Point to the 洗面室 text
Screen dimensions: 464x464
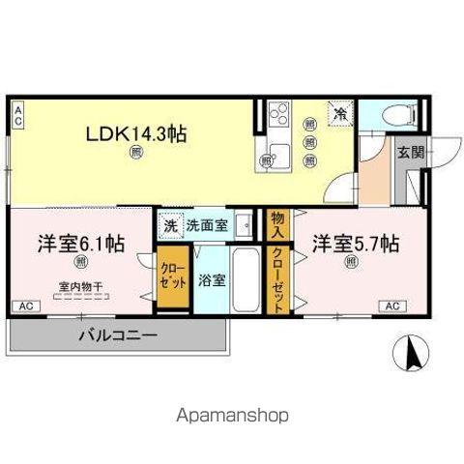pyautogui.click(x=207, y=224)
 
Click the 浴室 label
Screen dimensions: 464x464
pyautogui.click(x=212, y=281)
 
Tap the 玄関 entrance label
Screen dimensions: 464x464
pyautogui.click(x=410, y=151)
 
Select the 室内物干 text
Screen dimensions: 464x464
pyautogui.click(x=81, y=285)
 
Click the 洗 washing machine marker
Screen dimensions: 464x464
pyautogui.click(x=170, y=224)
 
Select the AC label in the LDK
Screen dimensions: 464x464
pyautogui.click(x=17, y=115)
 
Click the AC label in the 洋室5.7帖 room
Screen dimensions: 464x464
pyautogui.click(x=392, y=306)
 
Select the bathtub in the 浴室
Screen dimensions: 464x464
pyautogui.click(x=246, y=280)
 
